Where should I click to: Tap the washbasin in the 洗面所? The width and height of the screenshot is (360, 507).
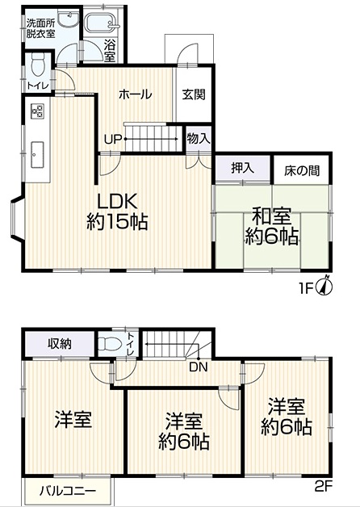click(x=69, y=18)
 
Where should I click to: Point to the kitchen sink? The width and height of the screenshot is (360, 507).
click(x=38, y=154)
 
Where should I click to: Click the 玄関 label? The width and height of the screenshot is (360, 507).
click(x=194, y=94)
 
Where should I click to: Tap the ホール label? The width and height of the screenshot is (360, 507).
click(x=136, y=94)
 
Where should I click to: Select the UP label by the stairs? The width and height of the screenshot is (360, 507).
click(x=113, y=140)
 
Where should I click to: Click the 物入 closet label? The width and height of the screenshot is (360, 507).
click(x=199, y=139)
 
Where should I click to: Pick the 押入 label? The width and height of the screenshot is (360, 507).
click(x=242, y=168)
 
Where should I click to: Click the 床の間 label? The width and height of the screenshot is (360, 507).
click(x=302, y=170)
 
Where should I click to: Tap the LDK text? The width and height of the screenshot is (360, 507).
click(x=118, y=202)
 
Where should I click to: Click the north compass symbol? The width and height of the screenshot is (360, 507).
click(x=325, y=286)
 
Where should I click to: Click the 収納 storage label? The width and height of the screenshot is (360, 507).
click(x=60, y=344)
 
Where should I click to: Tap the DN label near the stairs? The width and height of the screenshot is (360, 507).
click(x=199, y=367)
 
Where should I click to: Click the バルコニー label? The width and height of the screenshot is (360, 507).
click(x=68, y=491)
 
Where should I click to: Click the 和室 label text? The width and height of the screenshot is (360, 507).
click(x=271, y=216)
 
